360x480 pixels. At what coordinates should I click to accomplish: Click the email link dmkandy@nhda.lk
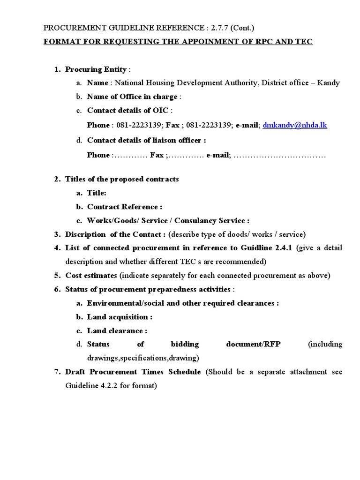click(x=295, y=126)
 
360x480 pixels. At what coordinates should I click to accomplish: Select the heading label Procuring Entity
click(x=96, y=69)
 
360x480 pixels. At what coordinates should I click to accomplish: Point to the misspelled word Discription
click(x=86, y=234)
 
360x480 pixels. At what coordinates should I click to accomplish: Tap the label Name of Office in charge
click(x=132, y=97)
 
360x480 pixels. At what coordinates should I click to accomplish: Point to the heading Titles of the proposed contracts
click(x=122, y=180)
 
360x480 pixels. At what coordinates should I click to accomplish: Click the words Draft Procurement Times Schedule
click(x=133, y=372)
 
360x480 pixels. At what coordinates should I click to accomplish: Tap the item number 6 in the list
click(x=57, y=289)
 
